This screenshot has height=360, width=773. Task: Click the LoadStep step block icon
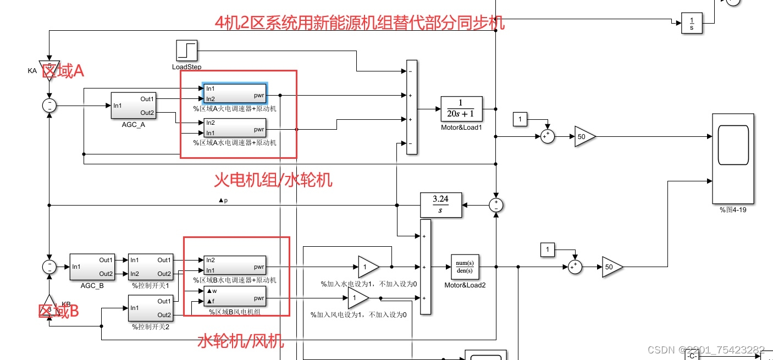(186, 51)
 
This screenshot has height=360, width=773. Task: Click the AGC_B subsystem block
(92, 267)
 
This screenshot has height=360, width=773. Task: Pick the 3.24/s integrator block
(440, 205)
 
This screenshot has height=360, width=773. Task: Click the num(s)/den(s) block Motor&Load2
(465, 267)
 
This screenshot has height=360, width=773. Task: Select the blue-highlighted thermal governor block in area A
(235, 93)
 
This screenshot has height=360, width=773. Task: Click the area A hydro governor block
(235, 128)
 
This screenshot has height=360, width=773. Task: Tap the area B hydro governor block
(235, 265)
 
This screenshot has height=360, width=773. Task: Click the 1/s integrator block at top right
(692, 23)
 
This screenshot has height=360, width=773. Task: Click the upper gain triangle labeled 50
(584, 136)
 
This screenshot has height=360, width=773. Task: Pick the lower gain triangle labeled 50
(611, 267)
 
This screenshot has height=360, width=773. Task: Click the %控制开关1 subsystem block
(151, 267)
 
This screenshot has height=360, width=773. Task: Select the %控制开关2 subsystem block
(151, 308)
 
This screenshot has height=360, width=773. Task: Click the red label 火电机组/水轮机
(273, 180)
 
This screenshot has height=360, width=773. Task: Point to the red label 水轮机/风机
(241, 341)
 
